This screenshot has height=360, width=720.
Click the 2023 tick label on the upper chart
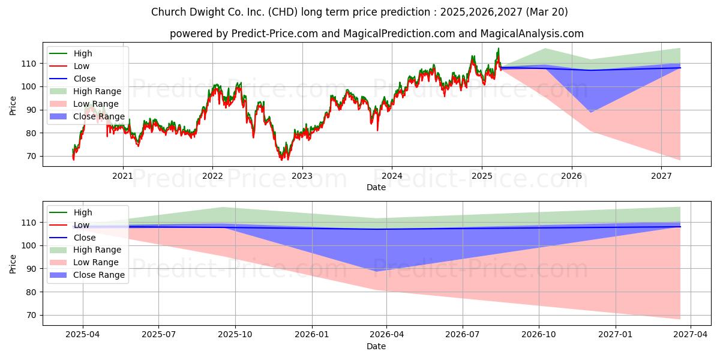302,176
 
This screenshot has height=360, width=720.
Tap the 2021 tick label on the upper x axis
122,176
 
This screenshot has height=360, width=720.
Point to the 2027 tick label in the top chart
661,176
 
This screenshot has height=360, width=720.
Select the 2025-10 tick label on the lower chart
235,335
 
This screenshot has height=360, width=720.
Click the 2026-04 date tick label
386,335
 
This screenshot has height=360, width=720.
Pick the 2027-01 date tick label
615,335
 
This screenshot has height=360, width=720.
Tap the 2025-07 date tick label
159,335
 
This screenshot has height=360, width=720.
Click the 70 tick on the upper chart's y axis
31,157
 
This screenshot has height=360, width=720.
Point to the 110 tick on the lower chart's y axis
29,223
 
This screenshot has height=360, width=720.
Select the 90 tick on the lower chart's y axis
31,269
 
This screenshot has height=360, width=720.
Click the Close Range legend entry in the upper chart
87,116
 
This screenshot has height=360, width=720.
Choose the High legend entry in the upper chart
71,53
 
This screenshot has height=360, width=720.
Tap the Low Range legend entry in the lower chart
84,262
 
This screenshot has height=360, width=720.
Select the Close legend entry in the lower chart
73,238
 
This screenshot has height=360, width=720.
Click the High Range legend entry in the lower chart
85,250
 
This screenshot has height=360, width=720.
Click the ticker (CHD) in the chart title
283,12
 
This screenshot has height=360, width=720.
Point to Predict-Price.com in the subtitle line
275,34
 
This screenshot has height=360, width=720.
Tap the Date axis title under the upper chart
376,187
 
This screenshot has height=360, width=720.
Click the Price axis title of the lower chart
13,264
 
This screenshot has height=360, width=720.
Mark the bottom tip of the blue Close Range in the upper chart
591,113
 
